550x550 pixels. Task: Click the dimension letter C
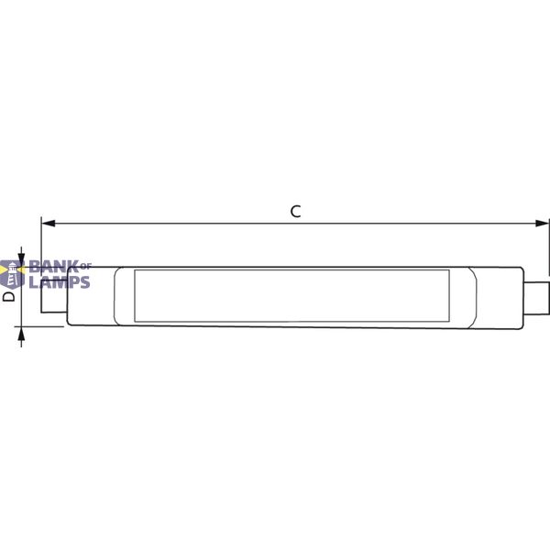pyautogui.click(x=296, y=212)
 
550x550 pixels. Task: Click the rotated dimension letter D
pyautogui.click(x=9, y=296)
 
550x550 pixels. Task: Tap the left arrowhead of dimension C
pyautogui.click(x=49, y=224)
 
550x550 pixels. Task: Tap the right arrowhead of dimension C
pyautogui.click(x=542, y=224)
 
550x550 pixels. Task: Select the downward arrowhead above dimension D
pyautogui.click(x=21, y=260)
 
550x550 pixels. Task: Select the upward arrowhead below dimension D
pyautogui.click(x=21, y=334)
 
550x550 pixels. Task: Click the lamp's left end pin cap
pyautogui.click(x=54, y=296)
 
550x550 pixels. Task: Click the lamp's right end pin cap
pyautogui.click(x=536, y=298)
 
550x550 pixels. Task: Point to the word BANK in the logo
pyautogui.click(x=54, y=267)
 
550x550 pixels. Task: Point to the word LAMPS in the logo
pyautogui.click(x=60, y=282)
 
